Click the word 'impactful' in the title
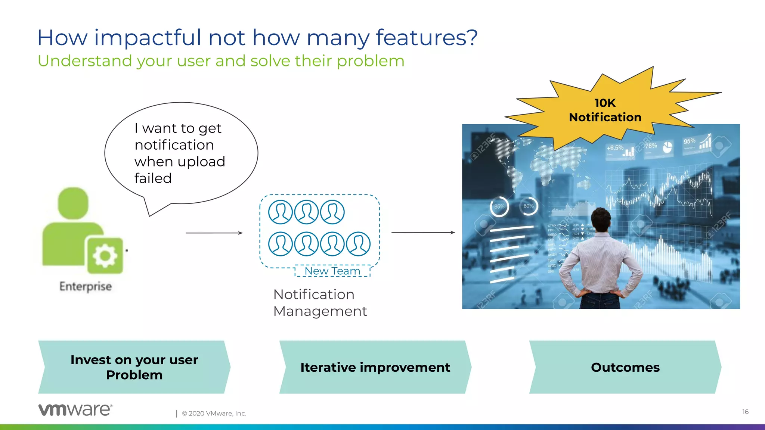coord(148,38)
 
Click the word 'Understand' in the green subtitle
coord(85,61)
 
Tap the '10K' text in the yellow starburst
coord(605,103)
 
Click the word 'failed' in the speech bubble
coord(153,178)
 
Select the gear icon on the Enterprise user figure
coord(105,256)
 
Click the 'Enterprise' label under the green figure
coord(86,286)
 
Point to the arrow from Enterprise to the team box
coord(214,233)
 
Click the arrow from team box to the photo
coord(423,233)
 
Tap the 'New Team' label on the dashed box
coord(332,271)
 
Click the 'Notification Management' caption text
coord(320,303)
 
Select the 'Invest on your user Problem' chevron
coord(134,367)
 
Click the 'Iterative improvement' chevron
coord(375,367)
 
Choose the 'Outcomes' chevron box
coord(625,367)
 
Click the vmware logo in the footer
coord(75,409)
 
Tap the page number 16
coord(745,412)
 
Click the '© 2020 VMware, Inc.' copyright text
coord(214,414)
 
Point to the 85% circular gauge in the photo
coord(499,206)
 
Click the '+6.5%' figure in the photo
coord(615,148)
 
